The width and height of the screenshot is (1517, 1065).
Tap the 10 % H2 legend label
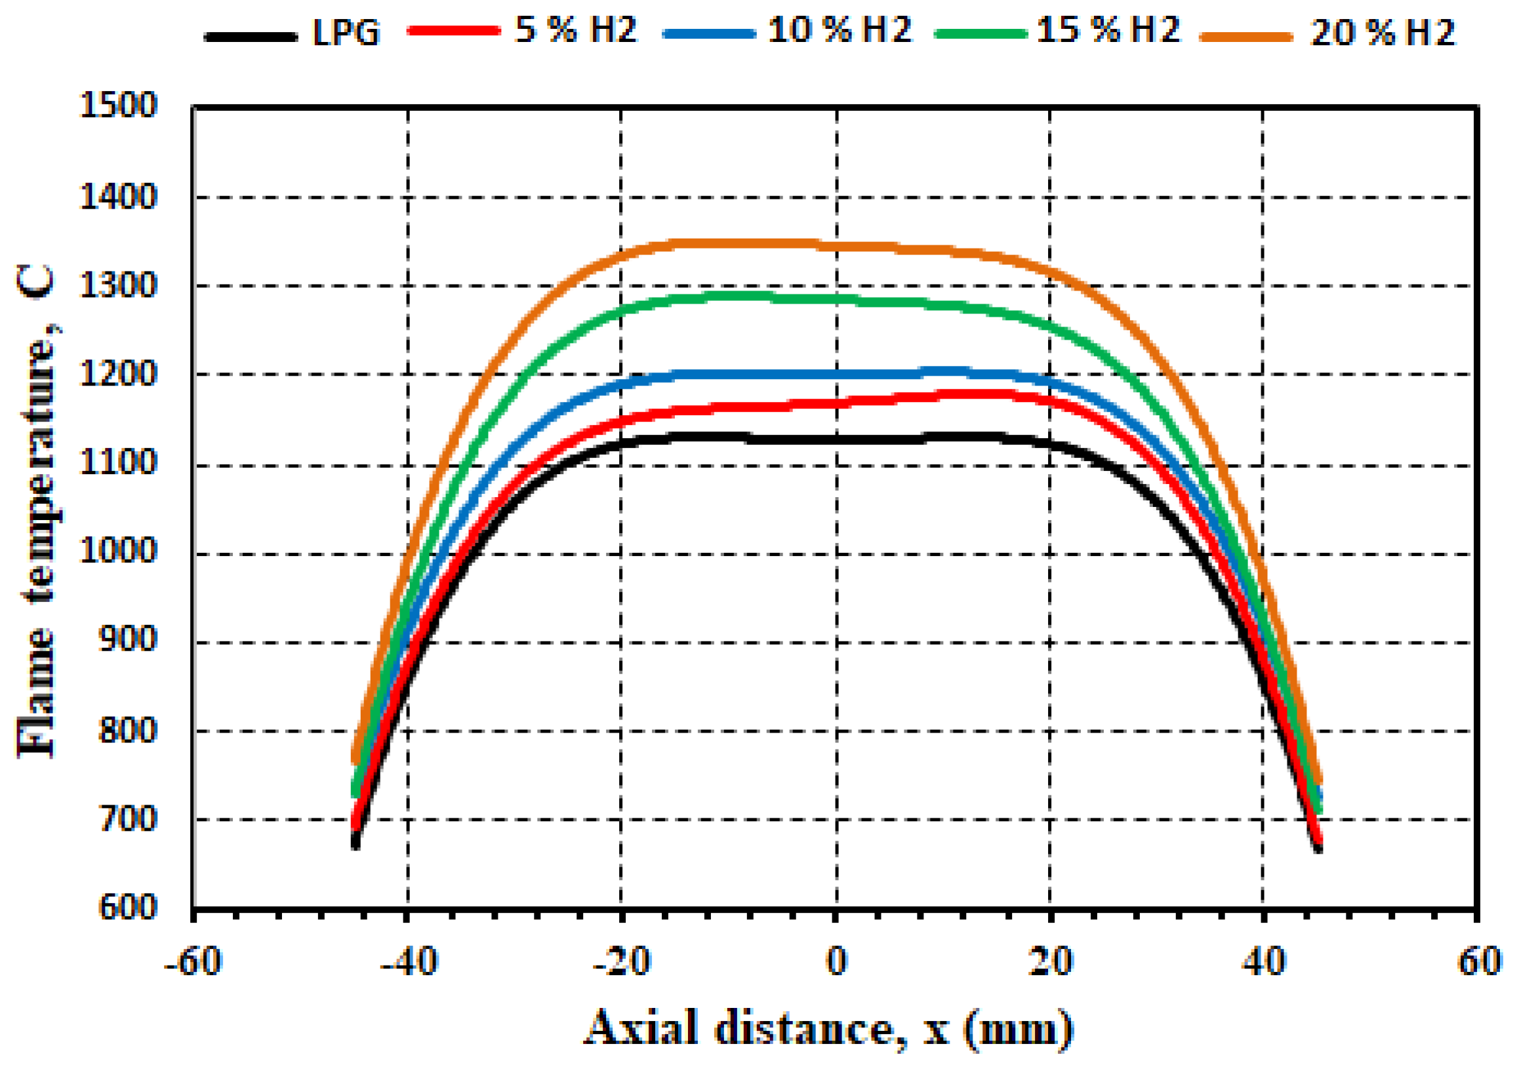(839, 30)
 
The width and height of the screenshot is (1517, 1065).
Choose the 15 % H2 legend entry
(1108, 30)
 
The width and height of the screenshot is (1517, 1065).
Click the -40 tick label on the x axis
(409, 962)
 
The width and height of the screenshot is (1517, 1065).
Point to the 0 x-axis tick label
(836, 962)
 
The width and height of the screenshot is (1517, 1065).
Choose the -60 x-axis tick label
(193, 962)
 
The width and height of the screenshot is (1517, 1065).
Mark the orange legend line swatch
(1246, 37)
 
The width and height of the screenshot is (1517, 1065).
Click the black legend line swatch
(251, 37)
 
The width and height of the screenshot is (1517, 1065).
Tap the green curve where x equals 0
(836, 299)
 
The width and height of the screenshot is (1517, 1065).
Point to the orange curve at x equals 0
(836, 247)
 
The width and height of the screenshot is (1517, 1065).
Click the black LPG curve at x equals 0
(836, 439)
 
